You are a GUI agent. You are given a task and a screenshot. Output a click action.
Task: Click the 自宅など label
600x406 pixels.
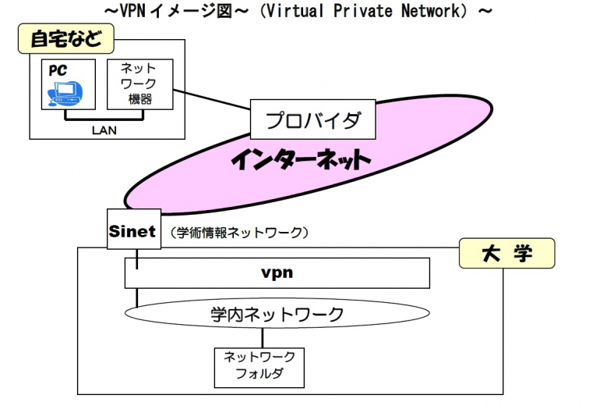point(65,38)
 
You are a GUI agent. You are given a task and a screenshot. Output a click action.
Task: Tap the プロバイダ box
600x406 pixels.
point(312,121)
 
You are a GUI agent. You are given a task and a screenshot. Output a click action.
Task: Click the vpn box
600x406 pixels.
point(277,273)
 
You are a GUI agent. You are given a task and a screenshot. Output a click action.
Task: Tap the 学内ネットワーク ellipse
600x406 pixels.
point(277,314)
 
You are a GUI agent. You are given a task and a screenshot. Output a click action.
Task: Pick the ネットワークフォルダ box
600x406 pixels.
point(259,366)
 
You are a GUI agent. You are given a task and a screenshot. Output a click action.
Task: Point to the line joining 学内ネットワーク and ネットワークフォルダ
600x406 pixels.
point(262,338)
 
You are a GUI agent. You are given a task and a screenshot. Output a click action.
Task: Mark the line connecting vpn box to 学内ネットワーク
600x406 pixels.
point(138,297)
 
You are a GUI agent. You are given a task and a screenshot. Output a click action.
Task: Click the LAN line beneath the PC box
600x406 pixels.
point(104,119)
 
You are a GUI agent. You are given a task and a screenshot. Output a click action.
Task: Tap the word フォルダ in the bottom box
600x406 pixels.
point(259,374)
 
